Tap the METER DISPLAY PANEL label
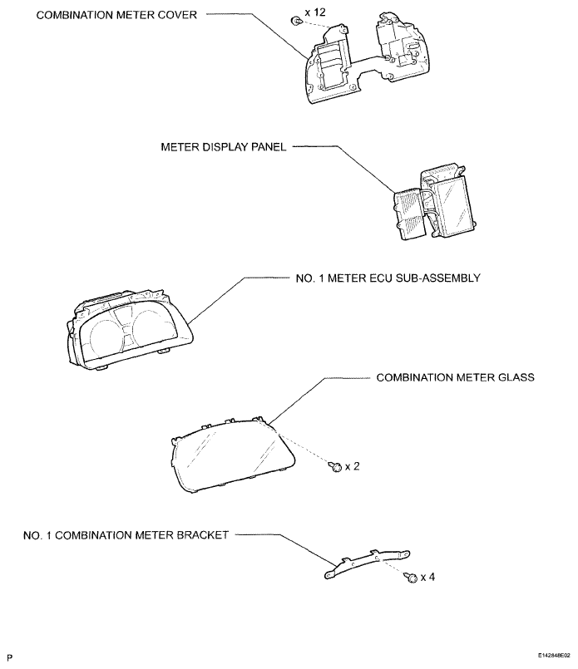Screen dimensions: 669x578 tap(223, 147)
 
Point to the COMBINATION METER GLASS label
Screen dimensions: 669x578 tap(455, 376)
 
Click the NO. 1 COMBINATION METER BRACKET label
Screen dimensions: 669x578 tap(126, 535)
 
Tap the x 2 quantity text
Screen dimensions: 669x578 tap(351, 466)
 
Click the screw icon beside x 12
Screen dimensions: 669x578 tap(295, 22)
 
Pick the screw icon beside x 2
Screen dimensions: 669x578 tap(335, 467)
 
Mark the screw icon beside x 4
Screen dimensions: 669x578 tap(409, 578)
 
